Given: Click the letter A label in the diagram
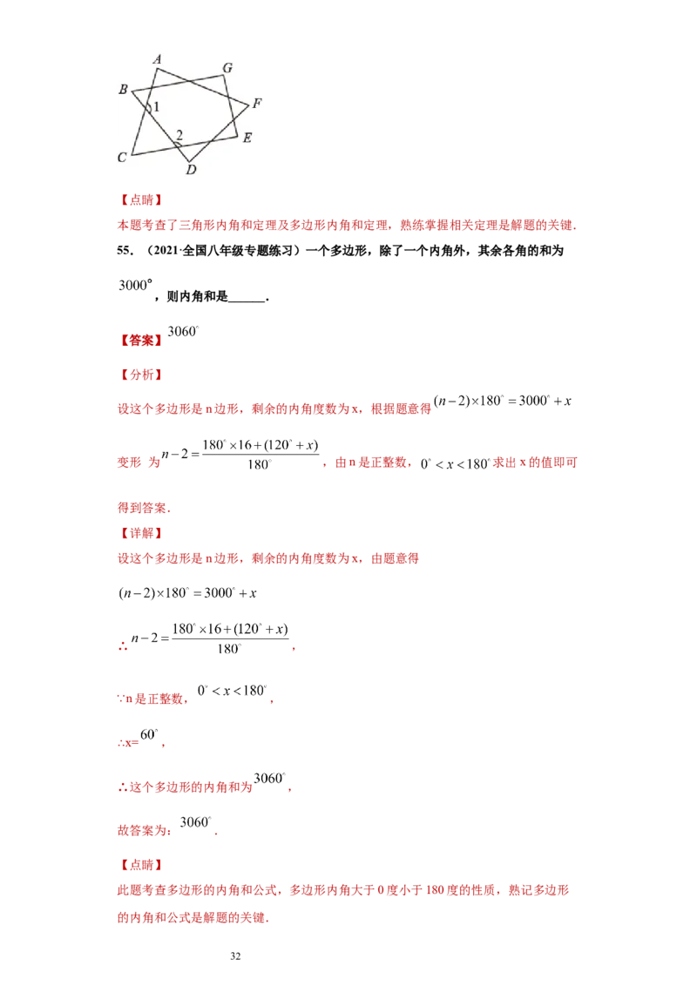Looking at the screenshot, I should pyautogui.click(x=158, y=58).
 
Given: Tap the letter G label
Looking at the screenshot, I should pyautogui.click(x=227, y=67).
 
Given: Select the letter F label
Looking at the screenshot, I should pyautogui.click(x=257, y=104).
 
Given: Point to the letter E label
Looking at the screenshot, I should pyautogui.click(x=247, y=138).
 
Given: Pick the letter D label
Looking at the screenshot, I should pyautogui.click(x=191, y=170).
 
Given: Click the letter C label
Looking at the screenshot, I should pyautogui.click(x=123, y=158).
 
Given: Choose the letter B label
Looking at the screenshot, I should pyautogui.click(x=123, y=90).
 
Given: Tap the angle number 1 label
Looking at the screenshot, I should pyautogui.click(x=157, y=107).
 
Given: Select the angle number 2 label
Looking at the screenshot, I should pyautogui.click(x=179, y=134).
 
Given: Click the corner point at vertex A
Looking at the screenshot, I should pyautogui.click(x=157, y=67).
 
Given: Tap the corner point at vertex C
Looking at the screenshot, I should pyautogui.click(x=132, y=155).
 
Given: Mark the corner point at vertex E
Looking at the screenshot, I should pyautogui.click(x=238, y=135).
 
